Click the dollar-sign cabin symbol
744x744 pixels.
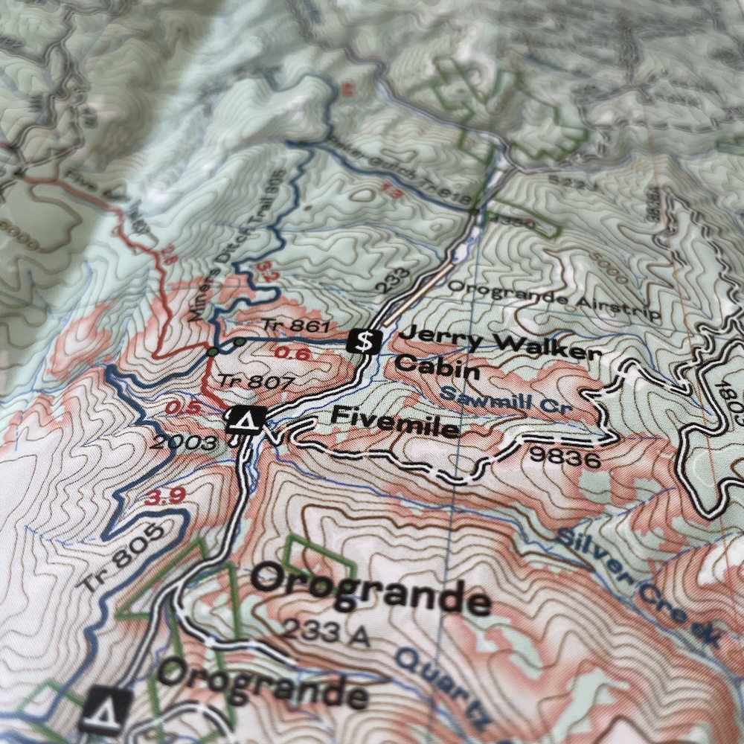(x=365, y=341)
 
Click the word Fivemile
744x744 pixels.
(x=394, y=421)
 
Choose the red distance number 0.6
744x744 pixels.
(x=292, y=353)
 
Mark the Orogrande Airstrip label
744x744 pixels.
(x=554, y=301)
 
